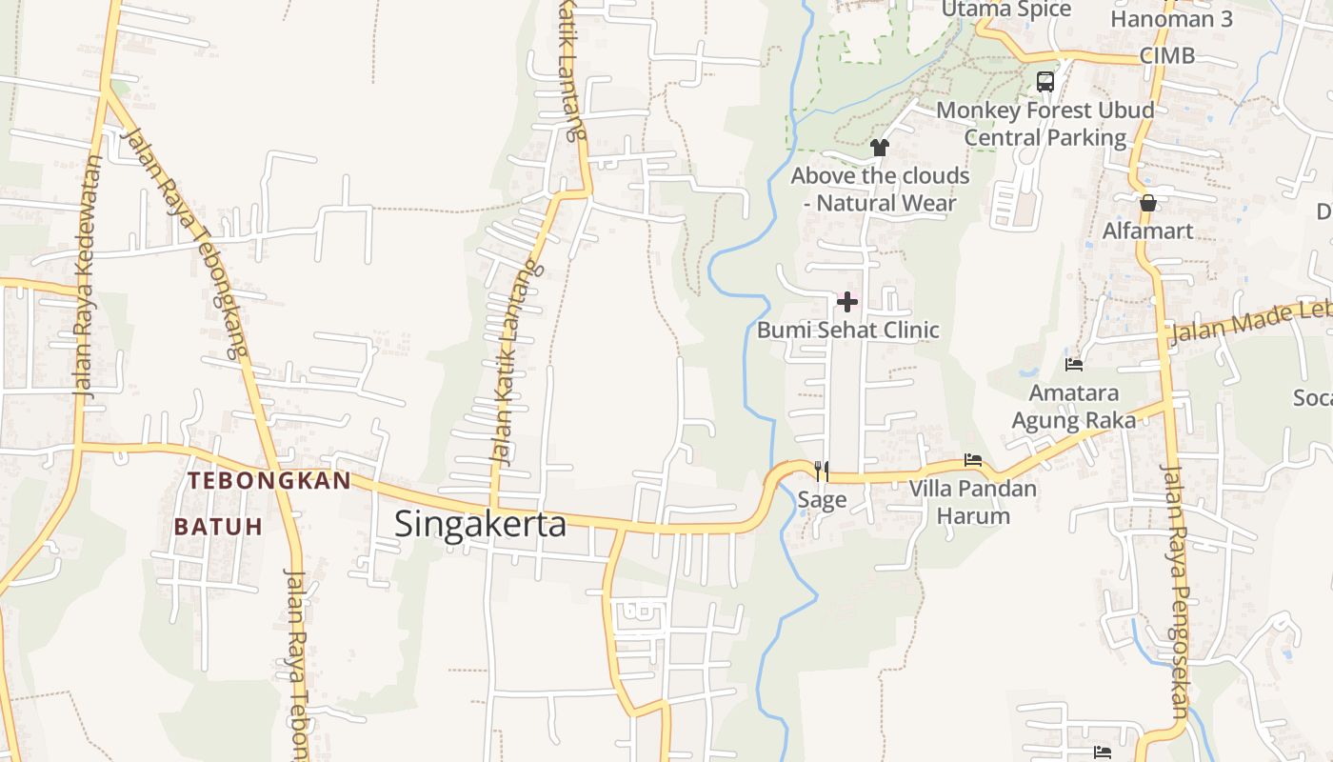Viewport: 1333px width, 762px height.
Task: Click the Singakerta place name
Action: click(x=480, y=524)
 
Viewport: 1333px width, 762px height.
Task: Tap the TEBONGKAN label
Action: click(x=269, y=481)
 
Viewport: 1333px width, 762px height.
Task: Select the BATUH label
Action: click(x=218, y=527)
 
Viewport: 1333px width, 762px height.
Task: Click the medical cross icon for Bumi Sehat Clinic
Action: click(x=846, y=303)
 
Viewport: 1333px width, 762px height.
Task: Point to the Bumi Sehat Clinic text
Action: click(x=847, y=331)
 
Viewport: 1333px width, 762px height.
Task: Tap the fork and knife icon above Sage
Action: click(x=822, y=471)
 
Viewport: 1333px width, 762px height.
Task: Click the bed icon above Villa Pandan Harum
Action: click(x=972, y=460)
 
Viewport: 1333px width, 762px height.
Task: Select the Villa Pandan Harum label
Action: click(x=972, y=503)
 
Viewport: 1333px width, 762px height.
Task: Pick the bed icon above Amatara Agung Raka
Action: click(x=1073, y=364)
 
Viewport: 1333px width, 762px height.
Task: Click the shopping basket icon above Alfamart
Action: click(x=1147, y=203)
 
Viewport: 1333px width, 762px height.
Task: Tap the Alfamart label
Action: click(x=1147, y=231)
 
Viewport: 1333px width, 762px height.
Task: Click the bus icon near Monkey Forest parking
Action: click(x=1045, y=82)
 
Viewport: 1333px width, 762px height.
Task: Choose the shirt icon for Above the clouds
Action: click(x=879, y=148)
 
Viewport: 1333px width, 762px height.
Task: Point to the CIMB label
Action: click(x=1166, y=55)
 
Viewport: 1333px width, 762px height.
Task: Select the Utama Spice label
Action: click(x=1005, y=10)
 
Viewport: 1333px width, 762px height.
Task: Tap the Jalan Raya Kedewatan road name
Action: click(x=88, y=276)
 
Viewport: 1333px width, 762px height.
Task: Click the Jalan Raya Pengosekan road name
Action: click(x=1176, y=591)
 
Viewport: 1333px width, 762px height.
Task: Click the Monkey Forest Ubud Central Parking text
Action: click(x=1045, y=124)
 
